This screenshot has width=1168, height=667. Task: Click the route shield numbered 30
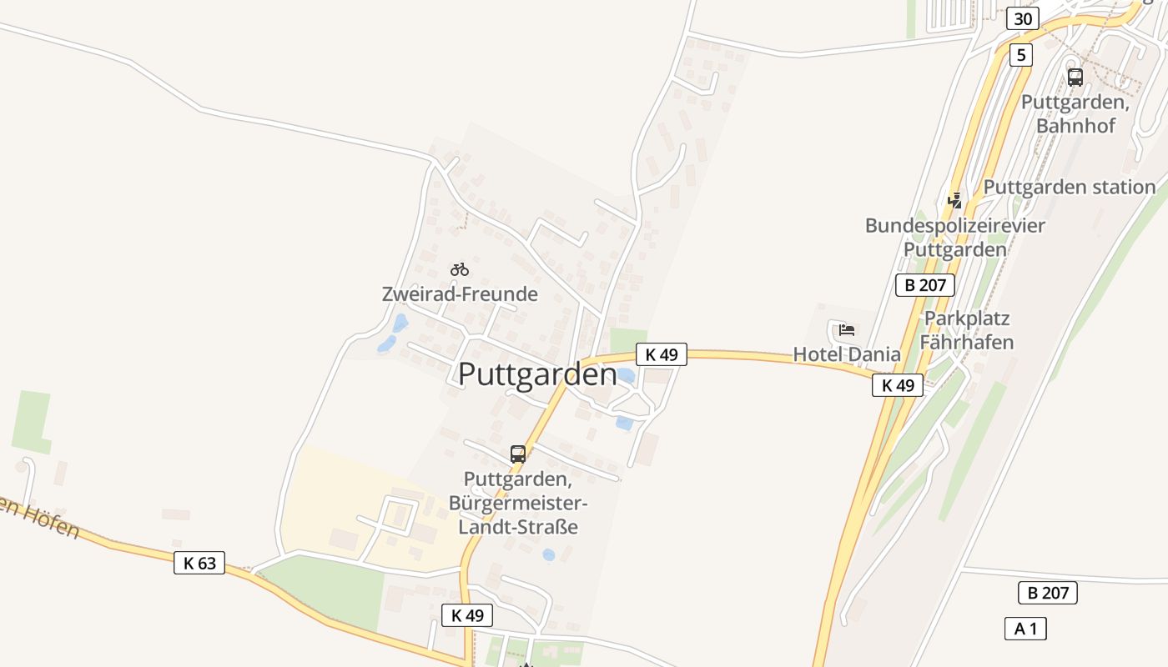(1022, 18)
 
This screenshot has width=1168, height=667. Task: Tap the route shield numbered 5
(1020, 56)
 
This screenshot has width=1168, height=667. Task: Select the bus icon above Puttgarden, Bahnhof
(1075, 78)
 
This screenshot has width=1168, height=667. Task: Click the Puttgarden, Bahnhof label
(1075, 114)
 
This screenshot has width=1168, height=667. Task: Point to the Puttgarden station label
(1070, 187)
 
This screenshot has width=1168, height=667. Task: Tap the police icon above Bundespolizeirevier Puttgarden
(955, 200)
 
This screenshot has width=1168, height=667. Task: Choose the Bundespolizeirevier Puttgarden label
(955, 237)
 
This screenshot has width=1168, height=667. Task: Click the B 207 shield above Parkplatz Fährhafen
(925, 285)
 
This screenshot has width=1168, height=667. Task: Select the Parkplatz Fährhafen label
(967, 330)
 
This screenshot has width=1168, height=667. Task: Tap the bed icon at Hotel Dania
(847, 330)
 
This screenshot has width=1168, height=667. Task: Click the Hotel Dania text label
(847, 354)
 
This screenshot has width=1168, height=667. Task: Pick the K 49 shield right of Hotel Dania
(898, 385)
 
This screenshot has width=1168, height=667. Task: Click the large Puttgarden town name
(538, 374)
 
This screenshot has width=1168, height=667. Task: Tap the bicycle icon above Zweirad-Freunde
(460, 269)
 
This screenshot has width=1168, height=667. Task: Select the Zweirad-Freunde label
(460, 294)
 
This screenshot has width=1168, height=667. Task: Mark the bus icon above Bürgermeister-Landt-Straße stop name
(518, 454)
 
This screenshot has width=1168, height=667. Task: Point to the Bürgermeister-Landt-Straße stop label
(518, 504)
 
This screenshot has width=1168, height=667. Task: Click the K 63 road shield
(199, 563)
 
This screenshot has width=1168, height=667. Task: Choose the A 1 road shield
(1025, 629)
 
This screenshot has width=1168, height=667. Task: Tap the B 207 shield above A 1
(1048, 593)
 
